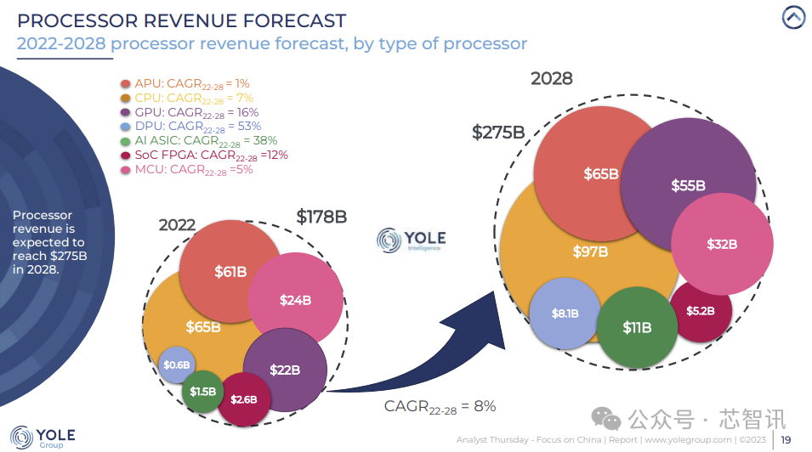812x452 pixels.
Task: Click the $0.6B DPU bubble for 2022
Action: pos(176,364)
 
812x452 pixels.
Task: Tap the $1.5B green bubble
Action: pos(202,392)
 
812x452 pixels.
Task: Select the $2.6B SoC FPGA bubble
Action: pos(244,398)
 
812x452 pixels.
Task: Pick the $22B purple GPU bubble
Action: pos(285,370)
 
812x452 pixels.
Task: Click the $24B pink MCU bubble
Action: pos(295,300)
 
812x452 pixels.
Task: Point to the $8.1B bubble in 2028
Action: pos(565,314)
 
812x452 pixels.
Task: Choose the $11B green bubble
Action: pos(637,327)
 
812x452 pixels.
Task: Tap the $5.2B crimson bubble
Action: pos(701,311)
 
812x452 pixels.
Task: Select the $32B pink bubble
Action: pos(722,244)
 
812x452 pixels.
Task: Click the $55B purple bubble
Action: pos(688,184)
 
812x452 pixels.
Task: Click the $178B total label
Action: pos(321,217)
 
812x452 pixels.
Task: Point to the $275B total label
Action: pos(498,133)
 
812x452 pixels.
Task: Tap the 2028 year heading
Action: pos(552,79)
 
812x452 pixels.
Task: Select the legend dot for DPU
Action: pos(126,127)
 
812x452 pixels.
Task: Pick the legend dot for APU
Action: pos(126,83)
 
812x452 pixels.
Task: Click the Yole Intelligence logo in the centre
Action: pos(412,240)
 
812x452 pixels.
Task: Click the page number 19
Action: pos(786,439)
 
